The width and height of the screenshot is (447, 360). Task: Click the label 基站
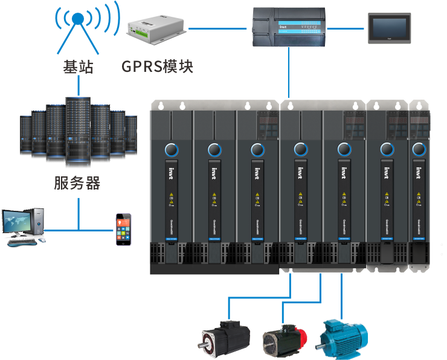[78, 66]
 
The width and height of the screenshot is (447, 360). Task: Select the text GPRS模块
[157, 66]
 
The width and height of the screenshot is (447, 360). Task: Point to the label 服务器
[77, 182]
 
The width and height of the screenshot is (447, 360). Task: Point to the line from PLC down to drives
[289, 72]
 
